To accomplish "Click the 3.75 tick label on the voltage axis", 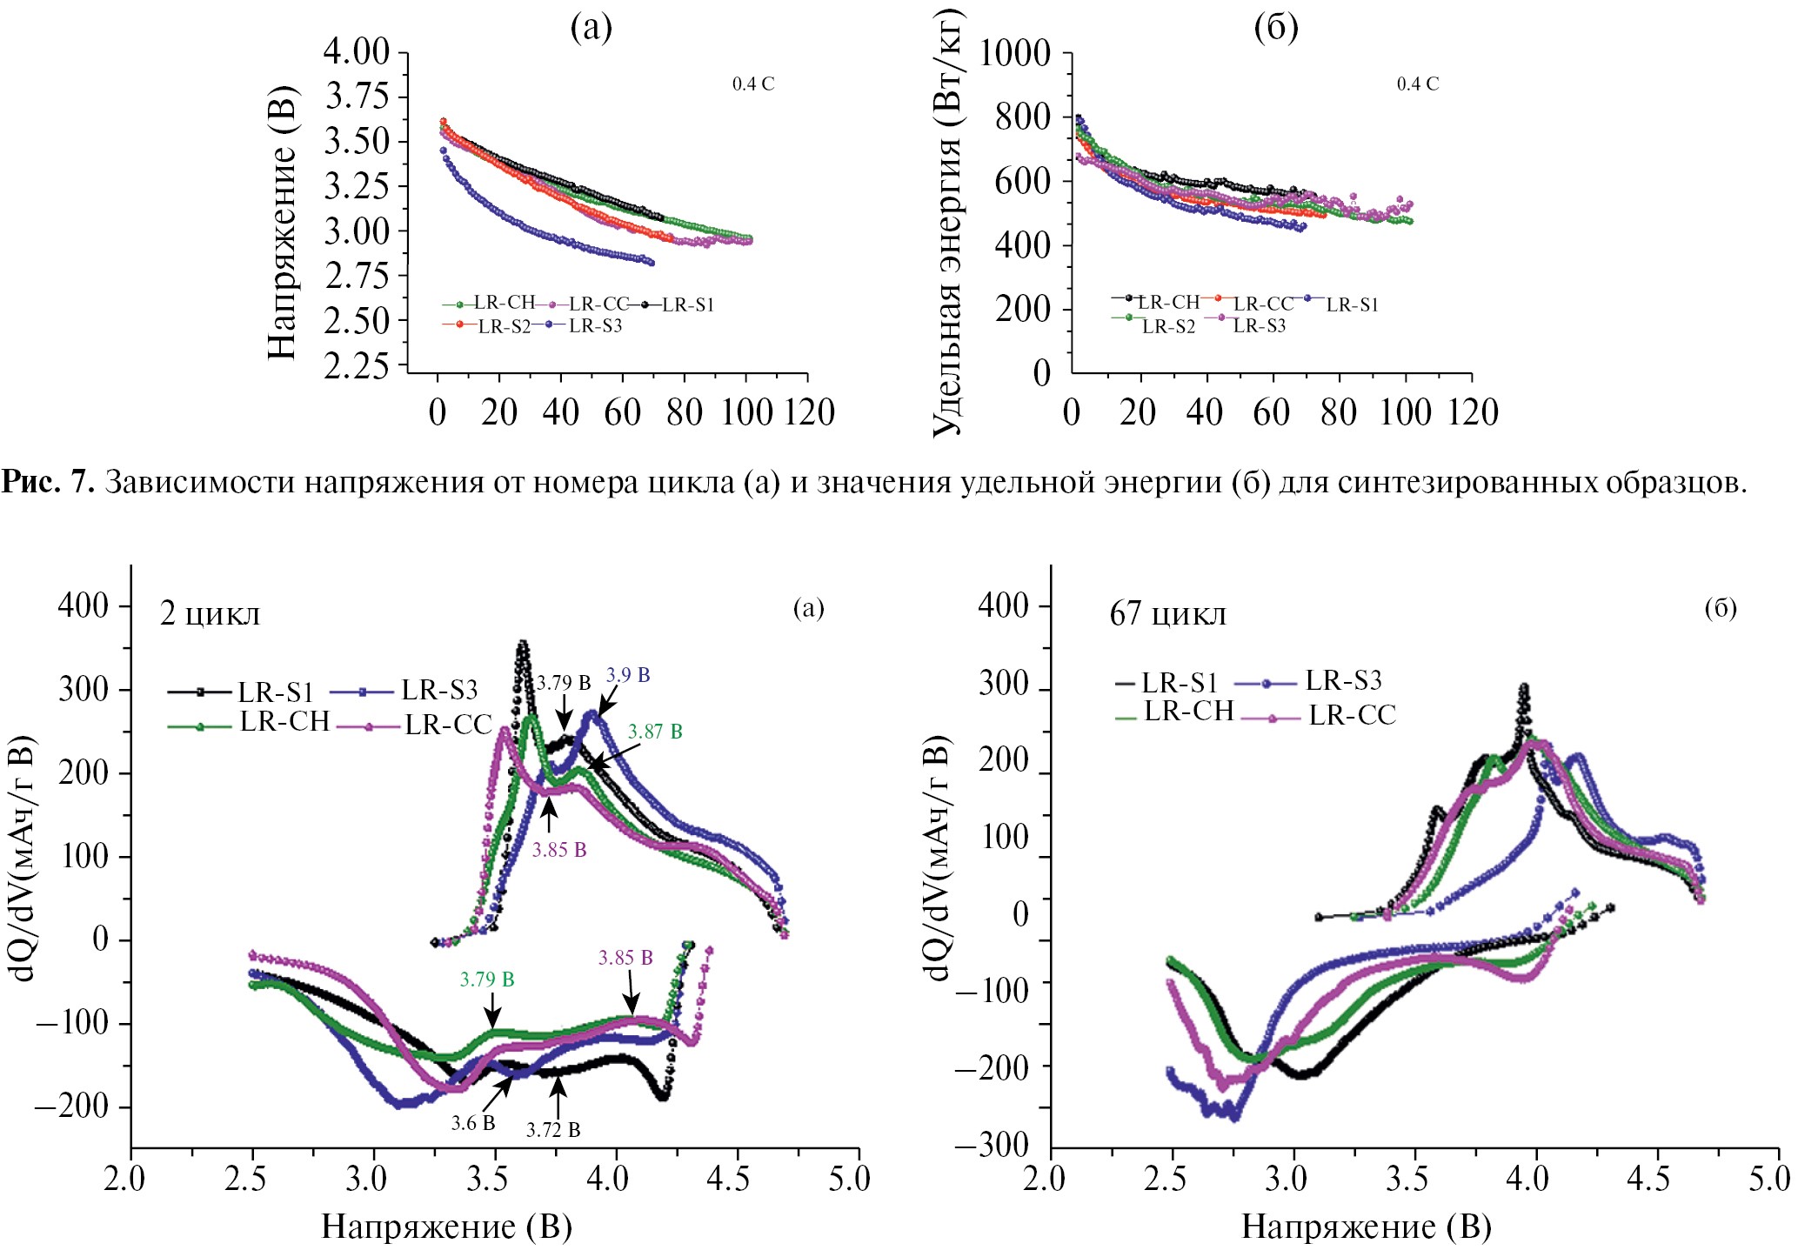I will pyautogui.click(x=357, y=97).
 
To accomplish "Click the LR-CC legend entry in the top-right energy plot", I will pyautogui.click(x=1263, y=304).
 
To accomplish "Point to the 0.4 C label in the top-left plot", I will pyautogui.click(x=752, y=84).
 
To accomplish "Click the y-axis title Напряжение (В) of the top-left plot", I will pyautogui.click(x=283, y=222).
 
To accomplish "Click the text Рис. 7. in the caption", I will pyautogui.click(x=48, y=481).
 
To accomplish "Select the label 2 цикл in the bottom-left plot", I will pyautogui.click(x=210, y=614).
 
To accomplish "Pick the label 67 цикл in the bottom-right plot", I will pyautogui.click(x=1167, y=614).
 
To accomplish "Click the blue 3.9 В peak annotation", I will pyautogui.click(x=628, y=675).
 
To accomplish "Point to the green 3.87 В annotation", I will pyautogui.click(x=655, y=732).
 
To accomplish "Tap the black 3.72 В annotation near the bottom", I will pyautogui.click(x=553, y=1130).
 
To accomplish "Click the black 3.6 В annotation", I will pyautogui.click(x=473, y=1123).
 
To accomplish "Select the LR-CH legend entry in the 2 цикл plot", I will pyautogui.click(x=284, y=722).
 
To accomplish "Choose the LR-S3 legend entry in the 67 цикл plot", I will pyautogui.click(x=1343, y=680).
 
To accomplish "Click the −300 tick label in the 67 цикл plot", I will pyautogui.click(x=993, y=1145).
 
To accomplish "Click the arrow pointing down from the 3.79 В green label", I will pyautogui.click(x=492, y=1013).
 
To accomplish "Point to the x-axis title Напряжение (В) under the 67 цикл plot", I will pyautogui.click(x=1366, y=1227).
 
